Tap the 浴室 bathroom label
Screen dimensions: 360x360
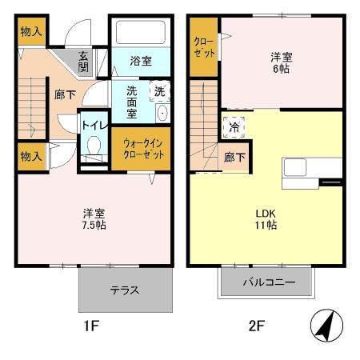141,58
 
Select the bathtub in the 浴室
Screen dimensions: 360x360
140,33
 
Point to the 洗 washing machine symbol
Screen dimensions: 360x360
158,91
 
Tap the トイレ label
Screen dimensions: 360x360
94,125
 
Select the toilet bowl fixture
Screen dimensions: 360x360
94,148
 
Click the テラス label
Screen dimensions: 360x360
125,290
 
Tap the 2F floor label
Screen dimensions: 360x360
254,326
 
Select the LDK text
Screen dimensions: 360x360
266,213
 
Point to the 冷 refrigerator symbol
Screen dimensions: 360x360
234,126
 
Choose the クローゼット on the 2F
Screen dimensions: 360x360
203,47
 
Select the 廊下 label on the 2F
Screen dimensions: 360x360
234,158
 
